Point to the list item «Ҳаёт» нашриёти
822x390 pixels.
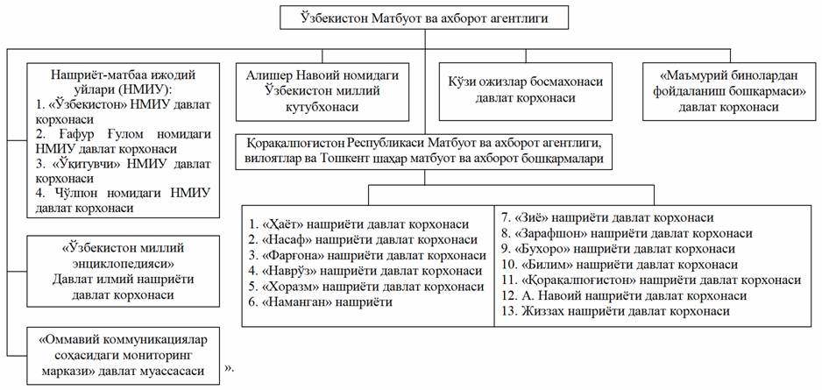point(358,224)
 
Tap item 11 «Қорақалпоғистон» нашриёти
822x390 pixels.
point(649,280)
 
